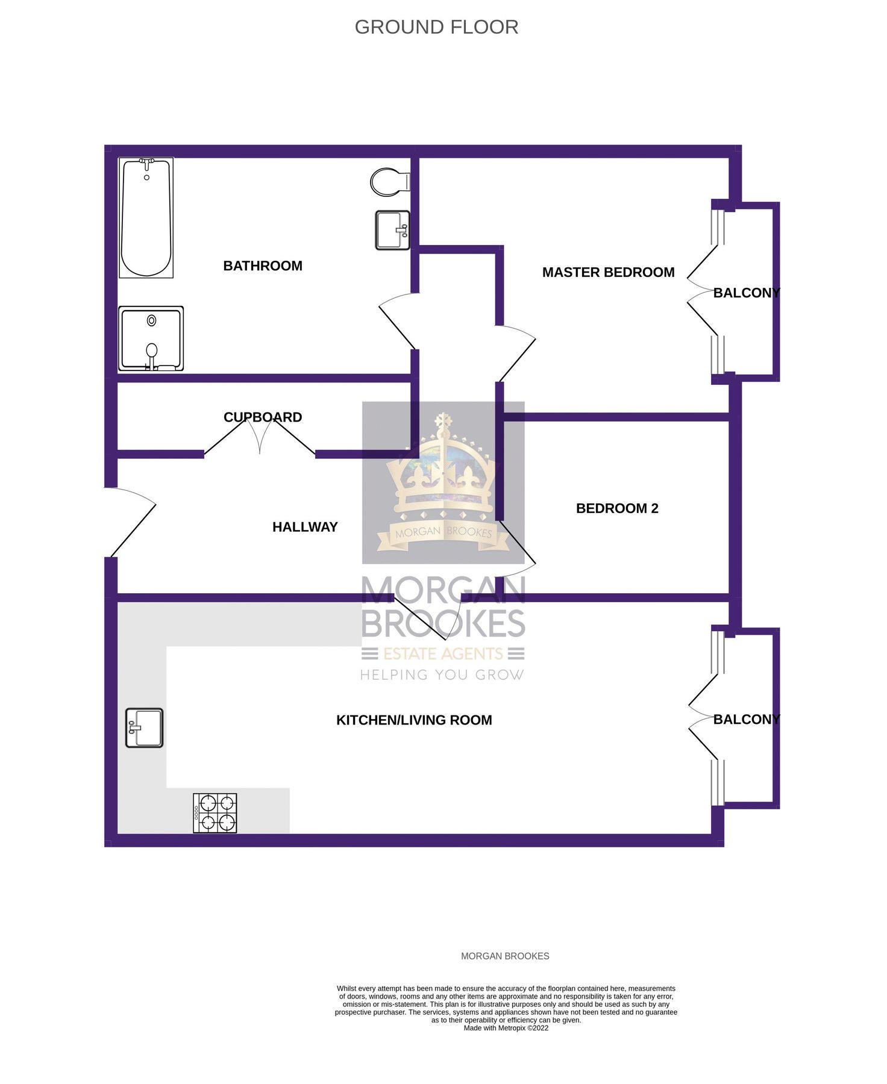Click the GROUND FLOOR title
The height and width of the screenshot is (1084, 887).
[436, 27]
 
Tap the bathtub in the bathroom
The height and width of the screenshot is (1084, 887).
[146, 217]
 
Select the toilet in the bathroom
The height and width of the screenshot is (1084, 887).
[389, 181]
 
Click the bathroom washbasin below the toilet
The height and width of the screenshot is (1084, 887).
[392, 230]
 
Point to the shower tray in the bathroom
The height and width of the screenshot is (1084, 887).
[151, 338]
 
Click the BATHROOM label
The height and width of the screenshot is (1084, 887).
[263, 266]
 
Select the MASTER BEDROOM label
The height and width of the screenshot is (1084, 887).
[608, 272]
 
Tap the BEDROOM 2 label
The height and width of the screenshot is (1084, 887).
[617, 508]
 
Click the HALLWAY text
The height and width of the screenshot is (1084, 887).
[305, 527]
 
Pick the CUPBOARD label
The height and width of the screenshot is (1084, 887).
[263, 417]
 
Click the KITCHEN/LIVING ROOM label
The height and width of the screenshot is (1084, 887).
[414, 720]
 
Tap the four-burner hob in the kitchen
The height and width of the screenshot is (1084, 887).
[215, 813]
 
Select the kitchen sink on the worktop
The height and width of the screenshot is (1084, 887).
[145, 727]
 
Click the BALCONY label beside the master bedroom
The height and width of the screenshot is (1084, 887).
[746, 293]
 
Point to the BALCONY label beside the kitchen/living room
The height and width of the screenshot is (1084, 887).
[746, 720]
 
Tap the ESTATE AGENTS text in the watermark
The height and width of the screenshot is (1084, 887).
[443, 654]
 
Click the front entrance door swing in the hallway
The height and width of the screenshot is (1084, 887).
[133, 523]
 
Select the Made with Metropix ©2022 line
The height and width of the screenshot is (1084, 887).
[506, 1028]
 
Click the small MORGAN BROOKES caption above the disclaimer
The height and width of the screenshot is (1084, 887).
[505, 956]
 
